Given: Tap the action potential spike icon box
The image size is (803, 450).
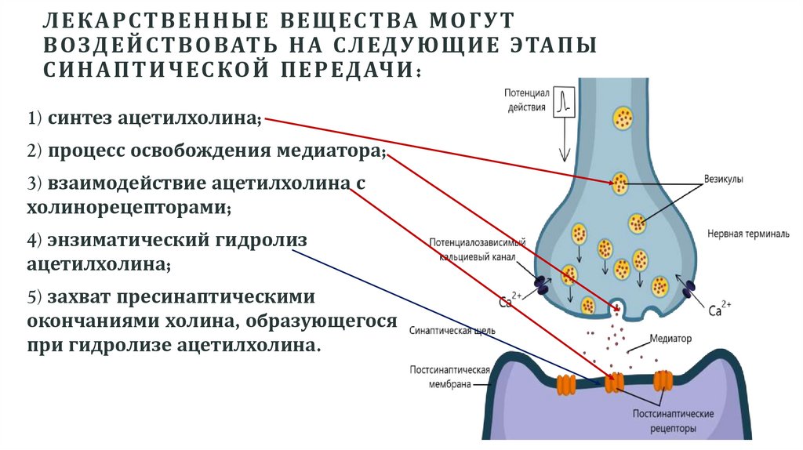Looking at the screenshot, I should click(564, 101).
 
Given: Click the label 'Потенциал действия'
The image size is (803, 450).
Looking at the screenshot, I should click(525, 100).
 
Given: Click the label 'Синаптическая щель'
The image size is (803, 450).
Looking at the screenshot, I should click(452, 330).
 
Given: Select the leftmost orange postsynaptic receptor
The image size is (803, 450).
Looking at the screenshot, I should click(565, 383).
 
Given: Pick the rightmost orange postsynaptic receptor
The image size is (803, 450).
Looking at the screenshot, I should click(663, 380).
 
